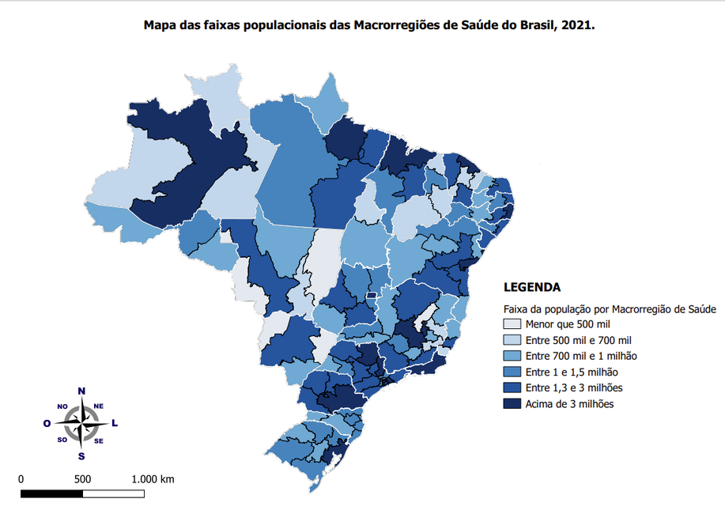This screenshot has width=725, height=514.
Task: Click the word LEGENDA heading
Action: (531, 287)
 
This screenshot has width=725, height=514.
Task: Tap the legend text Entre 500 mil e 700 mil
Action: (579, 339)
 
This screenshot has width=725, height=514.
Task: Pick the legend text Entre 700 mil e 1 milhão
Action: (581, 356)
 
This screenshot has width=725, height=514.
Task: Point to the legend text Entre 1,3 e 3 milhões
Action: (574, 387)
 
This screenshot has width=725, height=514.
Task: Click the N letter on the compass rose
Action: (81, 391)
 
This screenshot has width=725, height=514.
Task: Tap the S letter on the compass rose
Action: (81, 455)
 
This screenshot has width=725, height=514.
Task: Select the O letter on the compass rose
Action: (47, 423)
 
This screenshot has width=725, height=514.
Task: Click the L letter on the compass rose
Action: (115, 423)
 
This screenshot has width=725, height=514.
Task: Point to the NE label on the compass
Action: (99, 406)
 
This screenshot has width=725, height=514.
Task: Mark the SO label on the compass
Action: (62, 440)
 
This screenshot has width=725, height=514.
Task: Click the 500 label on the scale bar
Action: (82, 479)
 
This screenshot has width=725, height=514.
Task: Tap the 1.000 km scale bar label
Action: (153, 479)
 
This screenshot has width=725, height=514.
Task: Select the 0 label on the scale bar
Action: (21, 479)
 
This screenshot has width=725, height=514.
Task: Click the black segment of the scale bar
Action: (51, 494)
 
